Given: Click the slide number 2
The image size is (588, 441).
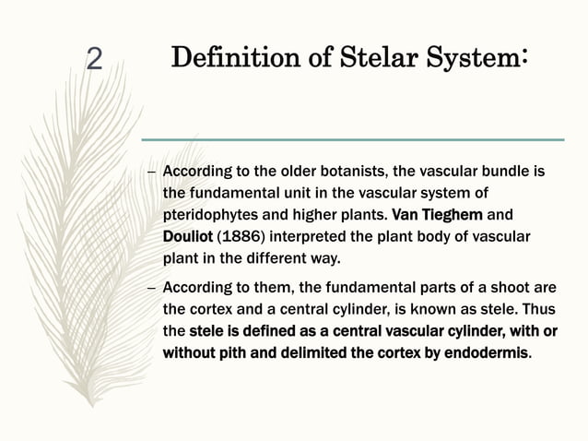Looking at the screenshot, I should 93,60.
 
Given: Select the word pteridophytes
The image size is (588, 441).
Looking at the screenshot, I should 208,215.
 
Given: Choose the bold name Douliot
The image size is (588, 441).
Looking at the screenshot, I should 187,236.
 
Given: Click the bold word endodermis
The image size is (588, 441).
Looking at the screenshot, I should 487,352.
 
